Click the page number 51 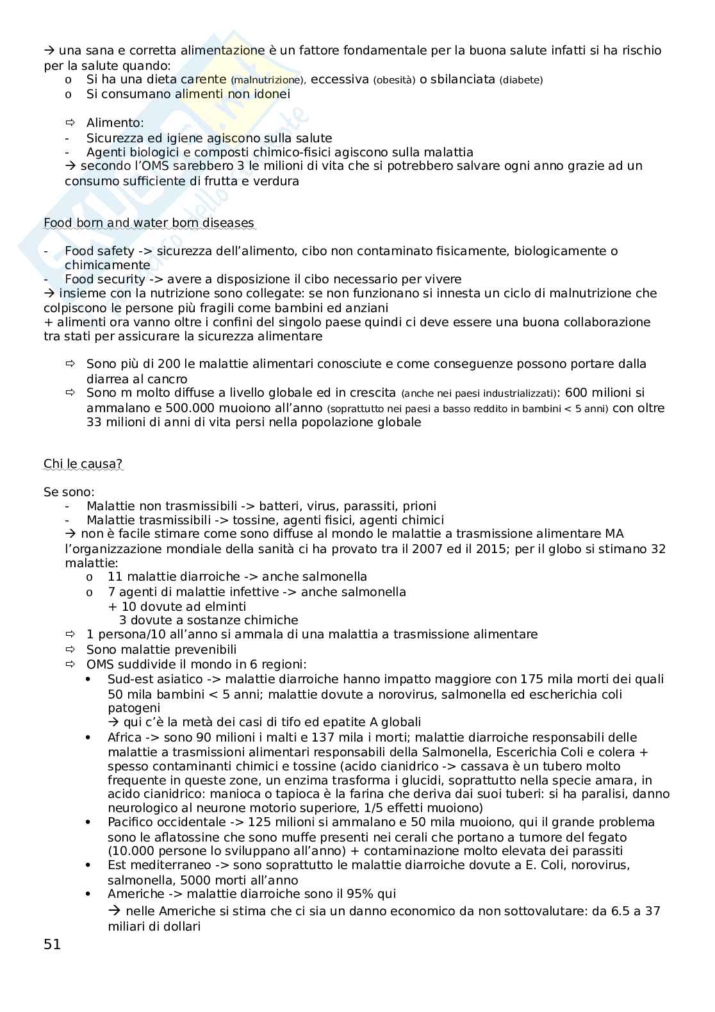pos(52,944)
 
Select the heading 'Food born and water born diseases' pos(149,223)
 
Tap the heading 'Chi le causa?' pos(83,463)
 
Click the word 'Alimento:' pos(115,122)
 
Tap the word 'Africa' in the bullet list pos(125,738)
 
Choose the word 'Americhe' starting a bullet pos(135,893)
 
